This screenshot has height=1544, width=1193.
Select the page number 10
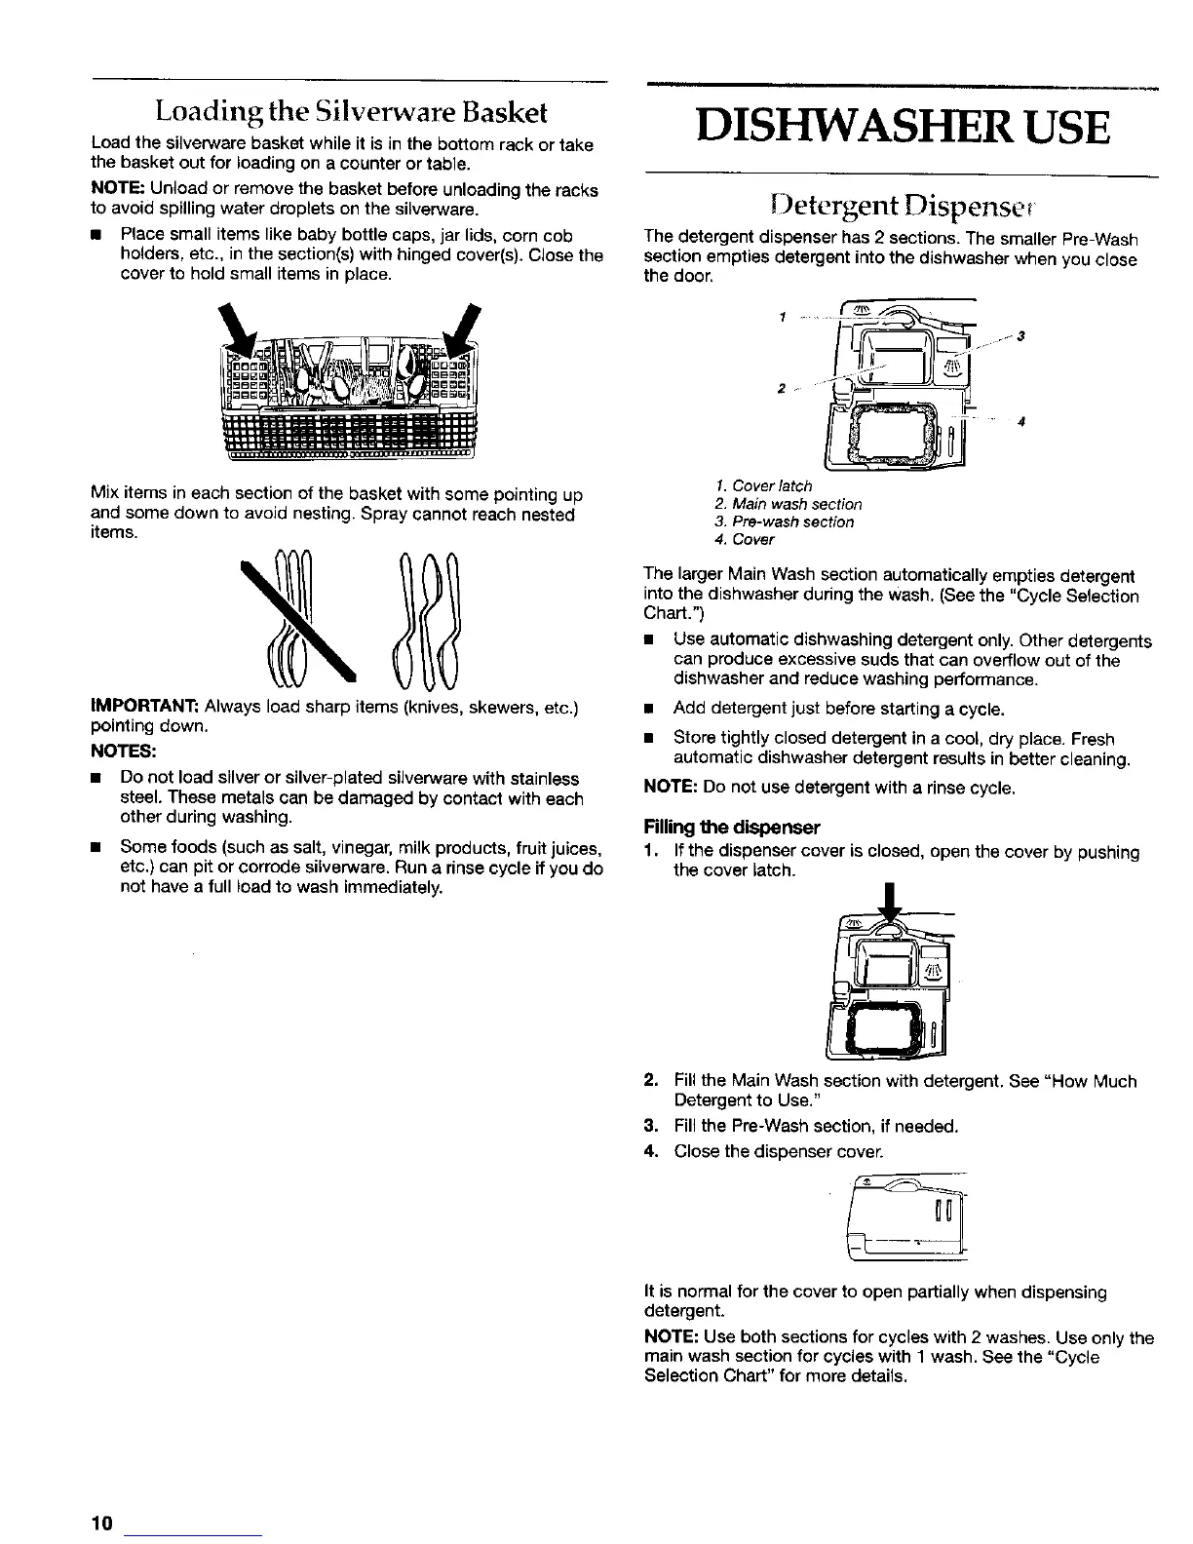103,1524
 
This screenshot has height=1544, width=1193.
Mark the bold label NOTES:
123,752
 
